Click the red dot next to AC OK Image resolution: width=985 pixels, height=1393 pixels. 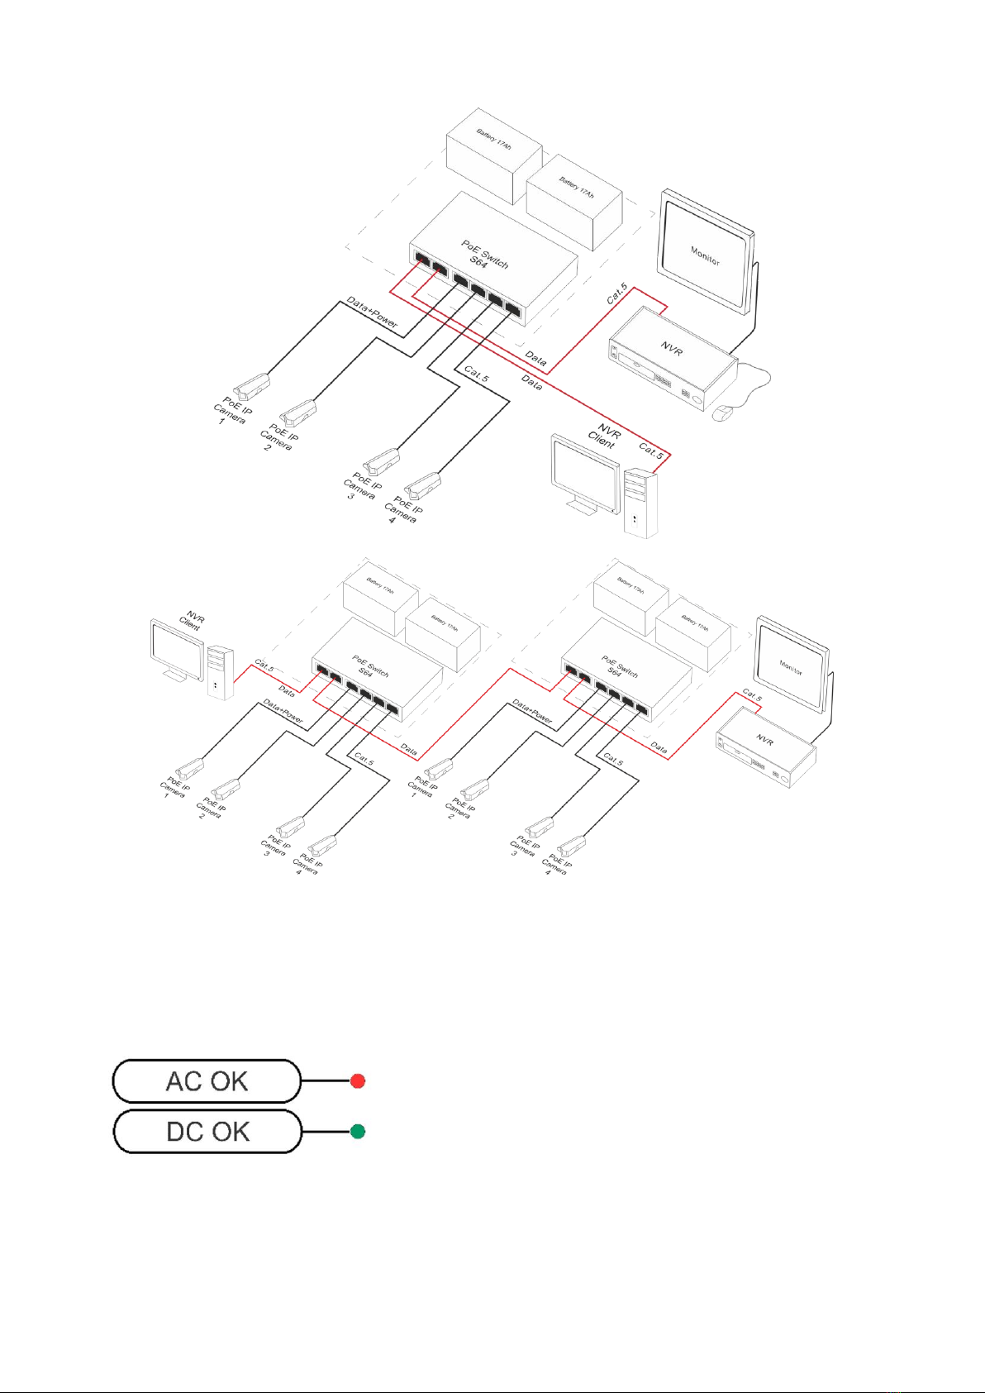358,1081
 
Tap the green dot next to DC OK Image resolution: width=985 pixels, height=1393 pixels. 358,1131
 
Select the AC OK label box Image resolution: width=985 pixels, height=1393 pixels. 207,1081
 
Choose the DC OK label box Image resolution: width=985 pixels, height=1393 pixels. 207,1132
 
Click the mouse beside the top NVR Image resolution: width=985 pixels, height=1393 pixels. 723,412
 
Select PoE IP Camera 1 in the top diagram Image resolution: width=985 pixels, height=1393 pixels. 253,384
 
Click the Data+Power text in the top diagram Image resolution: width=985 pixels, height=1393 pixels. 372,312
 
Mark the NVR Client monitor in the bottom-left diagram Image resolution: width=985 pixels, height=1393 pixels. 176,649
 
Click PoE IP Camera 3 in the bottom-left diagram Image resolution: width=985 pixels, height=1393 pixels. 290,826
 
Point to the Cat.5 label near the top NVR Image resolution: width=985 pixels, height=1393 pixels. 617,294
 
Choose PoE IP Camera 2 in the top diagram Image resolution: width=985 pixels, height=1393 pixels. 299,411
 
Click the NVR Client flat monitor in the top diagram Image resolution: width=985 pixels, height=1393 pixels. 585,474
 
